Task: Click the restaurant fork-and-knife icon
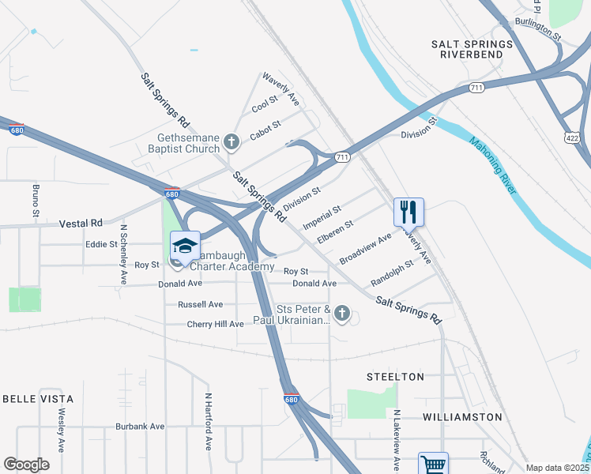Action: click(408, 212)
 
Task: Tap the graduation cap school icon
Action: click(185, 246)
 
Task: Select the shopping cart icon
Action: click(433, 465)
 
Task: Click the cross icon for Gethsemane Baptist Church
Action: click(232, 142)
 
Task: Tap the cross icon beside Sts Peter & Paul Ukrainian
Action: click(342, 314)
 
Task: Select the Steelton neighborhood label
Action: click(396, 377)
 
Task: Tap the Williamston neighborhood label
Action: click(462, 416)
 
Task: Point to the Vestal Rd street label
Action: click(81, 224)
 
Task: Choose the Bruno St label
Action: click(36, 201)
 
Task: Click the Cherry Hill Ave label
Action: click(215, 324)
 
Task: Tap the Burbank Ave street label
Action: click(140, 426)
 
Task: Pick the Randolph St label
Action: click(392, 273)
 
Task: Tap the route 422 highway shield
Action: click(572, 137)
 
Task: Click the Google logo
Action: click(26, 464)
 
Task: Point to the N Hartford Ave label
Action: click(209, 421)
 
